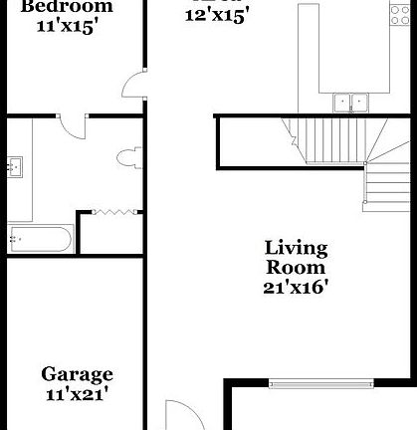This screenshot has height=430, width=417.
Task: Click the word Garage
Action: (77, 374)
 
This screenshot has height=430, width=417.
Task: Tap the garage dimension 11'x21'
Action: (77, 394)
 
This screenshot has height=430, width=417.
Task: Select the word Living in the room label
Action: (296, 248)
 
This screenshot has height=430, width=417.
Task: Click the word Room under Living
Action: (296, 267)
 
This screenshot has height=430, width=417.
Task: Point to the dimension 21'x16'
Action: (296, 287)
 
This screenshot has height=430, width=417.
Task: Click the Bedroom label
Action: (68, 6)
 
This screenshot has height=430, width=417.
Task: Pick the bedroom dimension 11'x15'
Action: (68, 27)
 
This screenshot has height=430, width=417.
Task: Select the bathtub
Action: (41, 238)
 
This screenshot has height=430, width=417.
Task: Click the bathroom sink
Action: (16, 167)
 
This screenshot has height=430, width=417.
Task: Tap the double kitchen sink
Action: (349, 101)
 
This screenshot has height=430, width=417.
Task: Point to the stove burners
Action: (402, 14)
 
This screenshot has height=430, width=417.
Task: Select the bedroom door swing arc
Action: (133, 86)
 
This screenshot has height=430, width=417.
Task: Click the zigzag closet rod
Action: (112, 211)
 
